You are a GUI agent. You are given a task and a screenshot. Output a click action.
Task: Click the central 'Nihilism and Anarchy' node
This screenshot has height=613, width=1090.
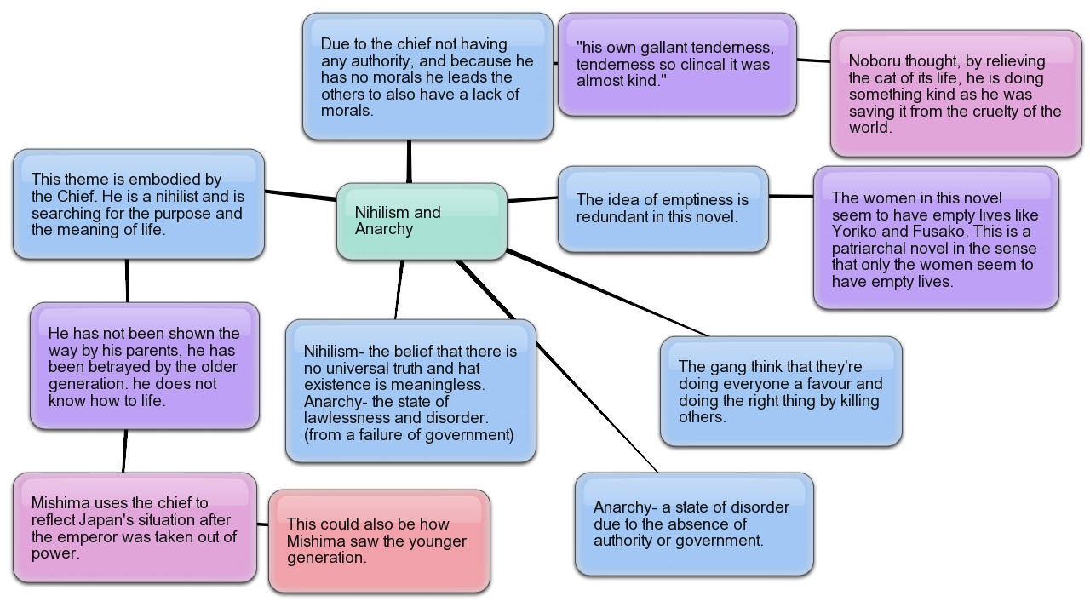pyautogui.click(x=422, y=221)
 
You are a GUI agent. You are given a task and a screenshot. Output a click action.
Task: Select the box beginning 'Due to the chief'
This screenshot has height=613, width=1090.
pyautogui.click(x=427, y=77)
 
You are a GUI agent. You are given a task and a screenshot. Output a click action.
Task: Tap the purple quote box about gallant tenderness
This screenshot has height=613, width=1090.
pyautogui.click(x=677, y=65)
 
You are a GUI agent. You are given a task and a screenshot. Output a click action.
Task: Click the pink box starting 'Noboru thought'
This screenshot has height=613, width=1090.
pyautogui.click(x=955, y=94)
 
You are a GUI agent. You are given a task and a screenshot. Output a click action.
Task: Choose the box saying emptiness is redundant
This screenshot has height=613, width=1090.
pyautogui.click(x=663, y=209)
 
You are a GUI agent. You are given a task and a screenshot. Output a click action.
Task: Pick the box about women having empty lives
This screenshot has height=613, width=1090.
pyautogui.click(x=936, y=238)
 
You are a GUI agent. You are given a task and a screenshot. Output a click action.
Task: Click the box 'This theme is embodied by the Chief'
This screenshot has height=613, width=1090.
pyautogui.click(x=139, y=204)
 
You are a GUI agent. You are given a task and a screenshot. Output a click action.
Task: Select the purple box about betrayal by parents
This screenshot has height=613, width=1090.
pyautogui.click(x=145, y=366)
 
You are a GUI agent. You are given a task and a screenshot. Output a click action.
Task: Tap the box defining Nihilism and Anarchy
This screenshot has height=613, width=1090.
pyautogui.click(x=410, y=392)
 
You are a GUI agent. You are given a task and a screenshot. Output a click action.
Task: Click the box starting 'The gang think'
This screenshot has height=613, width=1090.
pyautogui.click(x=781, y=391)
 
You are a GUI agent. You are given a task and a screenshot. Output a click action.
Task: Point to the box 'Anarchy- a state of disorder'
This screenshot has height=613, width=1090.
pyautogui.click(x=694, y=524)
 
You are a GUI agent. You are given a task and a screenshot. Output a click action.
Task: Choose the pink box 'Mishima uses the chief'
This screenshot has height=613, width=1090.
pyautogui.click(x=135, y=528)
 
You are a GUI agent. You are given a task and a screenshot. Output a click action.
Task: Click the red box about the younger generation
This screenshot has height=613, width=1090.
pyautogui.click(x=379, y=541)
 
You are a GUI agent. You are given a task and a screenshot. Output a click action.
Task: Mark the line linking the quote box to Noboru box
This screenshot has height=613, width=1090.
pyautogui.click(x=813, y=60)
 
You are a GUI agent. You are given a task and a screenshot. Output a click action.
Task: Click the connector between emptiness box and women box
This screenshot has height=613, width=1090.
pyautogui.click(x=791, y=196)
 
